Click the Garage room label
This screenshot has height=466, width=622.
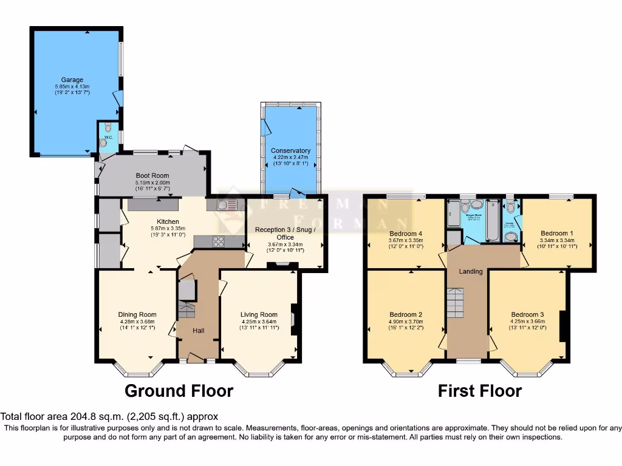[72, 79]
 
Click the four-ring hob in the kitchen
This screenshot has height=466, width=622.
[217, 241]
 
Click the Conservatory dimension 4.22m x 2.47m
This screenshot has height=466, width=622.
[290, 158]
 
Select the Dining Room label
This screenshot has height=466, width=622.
[137, 314]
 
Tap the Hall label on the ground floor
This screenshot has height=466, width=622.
[198, 331]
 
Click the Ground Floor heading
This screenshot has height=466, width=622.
[179, 391]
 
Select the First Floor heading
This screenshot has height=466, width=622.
[479, 391]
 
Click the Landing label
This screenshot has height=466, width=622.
[470, 271]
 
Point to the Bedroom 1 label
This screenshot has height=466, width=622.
[556, 233]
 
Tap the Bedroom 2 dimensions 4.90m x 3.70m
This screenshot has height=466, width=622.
[406, 322]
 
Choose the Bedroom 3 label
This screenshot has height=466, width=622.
[527, 314]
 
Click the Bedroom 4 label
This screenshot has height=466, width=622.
[406, 234]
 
